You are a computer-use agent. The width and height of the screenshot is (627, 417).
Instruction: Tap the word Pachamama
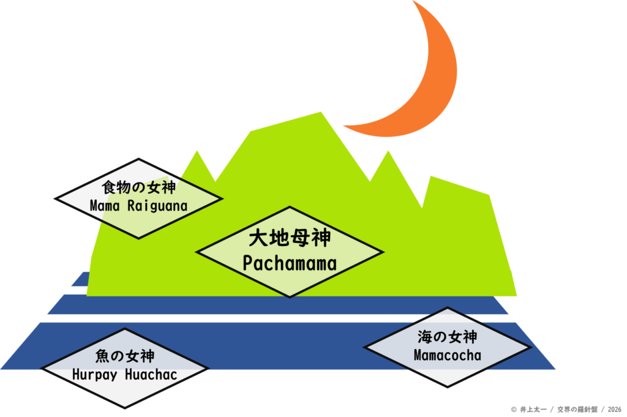(290, 263)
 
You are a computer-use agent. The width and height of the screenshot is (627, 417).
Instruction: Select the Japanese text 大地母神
(290, 238)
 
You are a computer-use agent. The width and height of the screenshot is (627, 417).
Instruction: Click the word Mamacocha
(448, 355)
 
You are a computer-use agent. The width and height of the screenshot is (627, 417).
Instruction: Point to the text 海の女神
(448, 337)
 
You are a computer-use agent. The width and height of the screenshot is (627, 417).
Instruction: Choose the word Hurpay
(95, 375)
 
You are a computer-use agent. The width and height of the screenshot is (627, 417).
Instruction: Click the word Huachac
(151, 375)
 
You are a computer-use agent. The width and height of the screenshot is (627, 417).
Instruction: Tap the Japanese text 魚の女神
(125, 356)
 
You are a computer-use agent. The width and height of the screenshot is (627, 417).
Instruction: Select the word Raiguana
(157, 206)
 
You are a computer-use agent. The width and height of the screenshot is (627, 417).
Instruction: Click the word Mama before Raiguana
(104, 206)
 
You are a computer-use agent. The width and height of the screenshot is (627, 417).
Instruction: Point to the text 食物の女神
(138, 187)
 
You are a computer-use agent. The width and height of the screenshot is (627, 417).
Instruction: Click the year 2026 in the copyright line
(615, 410)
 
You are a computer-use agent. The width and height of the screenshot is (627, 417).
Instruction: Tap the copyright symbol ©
(514, 410)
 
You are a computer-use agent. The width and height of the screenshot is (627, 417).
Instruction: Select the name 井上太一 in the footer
(533, 410)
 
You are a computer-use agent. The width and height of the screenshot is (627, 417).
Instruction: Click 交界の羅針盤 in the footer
(577, 410)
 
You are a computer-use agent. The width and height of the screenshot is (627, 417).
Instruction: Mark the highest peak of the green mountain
(321, 112)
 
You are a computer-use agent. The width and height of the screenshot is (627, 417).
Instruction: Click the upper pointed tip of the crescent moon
(413, 1)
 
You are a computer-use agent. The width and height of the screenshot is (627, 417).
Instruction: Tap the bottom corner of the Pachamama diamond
(290, 297)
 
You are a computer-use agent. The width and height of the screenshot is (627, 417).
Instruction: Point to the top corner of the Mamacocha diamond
(448, 307)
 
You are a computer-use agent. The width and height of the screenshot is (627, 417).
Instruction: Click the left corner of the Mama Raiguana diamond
(54, 198)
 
